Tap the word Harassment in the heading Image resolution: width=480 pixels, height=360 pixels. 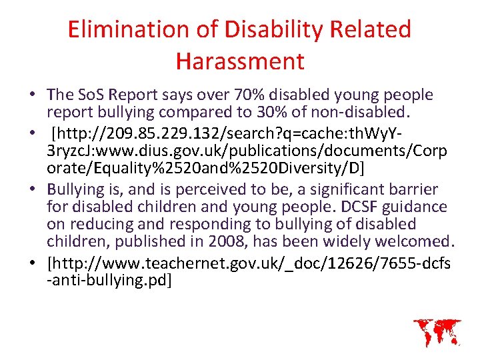pyautogui.click(x=240, y=61)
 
